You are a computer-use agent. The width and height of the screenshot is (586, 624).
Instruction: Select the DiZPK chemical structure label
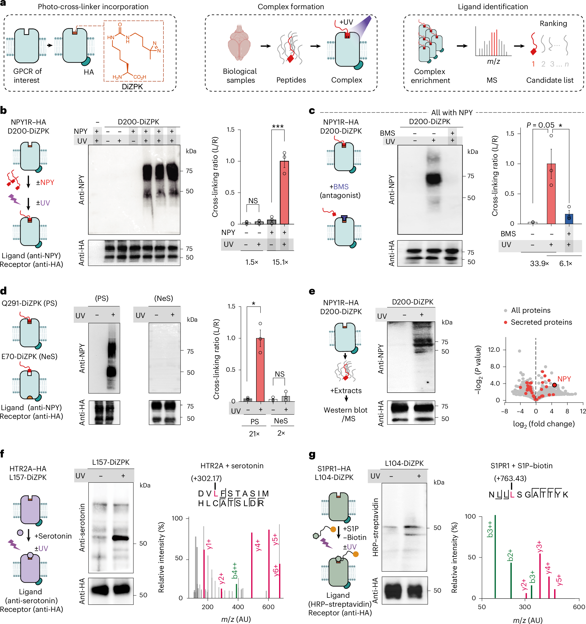pos(132,87)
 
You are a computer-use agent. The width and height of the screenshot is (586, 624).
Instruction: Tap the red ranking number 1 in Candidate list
pos(533,64)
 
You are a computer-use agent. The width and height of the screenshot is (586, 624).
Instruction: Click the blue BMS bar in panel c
pos(569,219)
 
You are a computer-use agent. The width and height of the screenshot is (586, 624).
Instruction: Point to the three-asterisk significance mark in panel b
pos(278,127)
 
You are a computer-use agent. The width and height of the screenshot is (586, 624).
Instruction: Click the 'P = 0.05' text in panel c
pos(540,125)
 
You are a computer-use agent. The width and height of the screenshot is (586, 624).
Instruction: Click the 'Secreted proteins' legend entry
pos(541,322)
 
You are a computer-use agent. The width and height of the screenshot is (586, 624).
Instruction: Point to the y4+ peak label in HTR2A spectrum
pos(258,546)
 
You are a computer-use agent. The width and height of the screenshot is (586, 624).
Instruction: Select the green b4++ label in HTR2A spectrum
pos(235,570)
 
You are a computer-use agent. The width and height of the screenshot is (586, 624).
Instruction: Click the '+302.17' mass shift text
pos(206,478)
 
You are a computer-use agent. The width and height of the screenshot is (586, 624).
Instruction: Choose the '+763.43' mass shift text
pos(510,478)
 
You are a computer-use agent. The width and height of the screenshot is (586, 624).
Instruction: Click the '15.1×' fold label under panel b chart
pos(280,262)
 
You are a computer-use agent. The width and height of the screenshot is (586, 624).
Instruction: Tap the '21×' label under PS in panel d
pos(254,434)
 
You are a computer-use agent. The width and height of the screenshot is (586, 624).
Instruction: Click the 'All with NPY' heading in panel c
pos(452,113)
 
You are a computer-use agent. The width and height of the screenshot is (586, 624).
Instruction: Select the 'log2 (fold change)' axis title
pos(544,424)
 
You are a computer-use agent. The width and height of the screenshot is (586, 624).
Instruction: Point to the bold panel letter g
pos(312,454)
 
